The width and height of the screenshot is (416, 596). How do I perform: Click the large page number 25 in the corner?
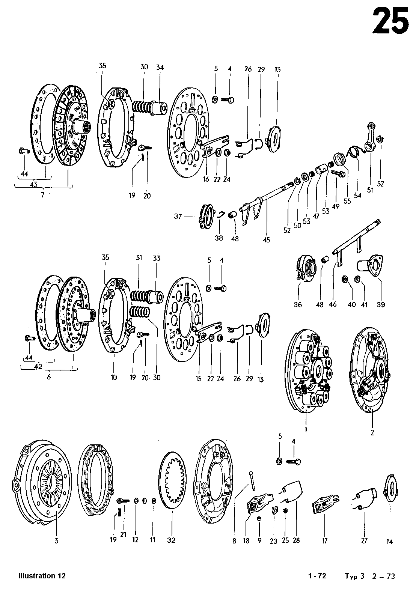tap(390, 21)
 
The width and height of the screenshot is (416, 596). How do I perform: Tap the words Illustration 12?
tap(42, 576)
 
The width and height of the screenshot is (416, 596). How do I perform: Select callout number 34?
tap(160, 67)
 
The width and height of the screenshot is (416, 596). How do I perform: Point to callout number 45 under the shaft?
tap(267, 239)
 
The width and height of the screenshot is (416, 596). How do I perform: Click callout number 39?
tap(381, 304)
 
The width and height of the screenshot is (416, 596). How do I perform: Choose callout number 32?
tap(172, 540)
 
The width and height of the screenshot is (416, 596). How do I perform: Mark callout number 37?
tap(178, 217)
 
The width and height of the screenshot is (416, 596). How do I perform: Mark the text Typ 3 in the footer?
tap(355, 576)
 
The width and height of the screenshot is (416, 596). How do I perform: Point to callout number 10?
tap(113, 378)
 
